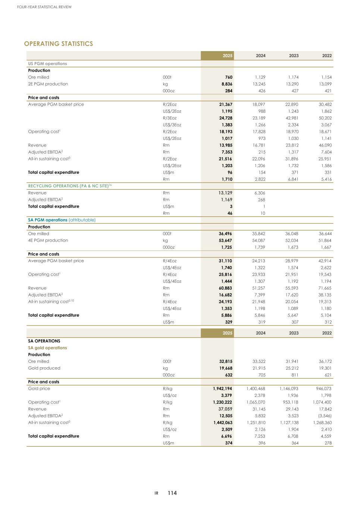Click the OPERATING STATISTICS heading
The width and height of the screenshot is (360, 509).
pos(58,44)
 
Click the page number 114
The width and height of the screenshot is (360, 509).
pos(172,493)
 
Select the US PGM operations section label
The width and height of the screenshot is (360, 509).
pos(47,64)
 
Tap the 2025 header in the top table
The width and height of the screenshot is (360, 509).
pos(227,56)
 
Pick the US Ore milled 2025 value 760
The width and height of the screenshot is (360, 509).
pos(228,77)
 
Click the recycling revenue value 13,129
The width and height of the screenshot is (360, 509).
pos(225,193)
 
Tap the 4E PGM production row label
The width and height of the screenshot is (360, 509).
pos(48,241)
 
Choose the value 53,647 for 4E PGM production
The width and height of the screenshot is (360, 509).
pos(225,241)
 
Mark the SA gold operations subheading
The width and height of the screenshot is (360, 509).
pos(47,348)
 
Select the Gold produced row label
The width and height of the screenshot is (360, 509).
pos(44,368)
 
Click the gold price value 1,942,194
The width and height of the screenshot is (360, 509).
pos(222,389)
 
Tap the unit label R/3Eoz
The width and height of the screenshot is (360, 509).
pos(170,118)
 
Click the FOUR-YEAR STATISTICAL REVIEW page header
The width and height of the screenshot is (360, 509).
pos(44,7)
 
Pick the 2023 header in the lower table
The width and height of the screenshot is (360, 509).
pos(294,333)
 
